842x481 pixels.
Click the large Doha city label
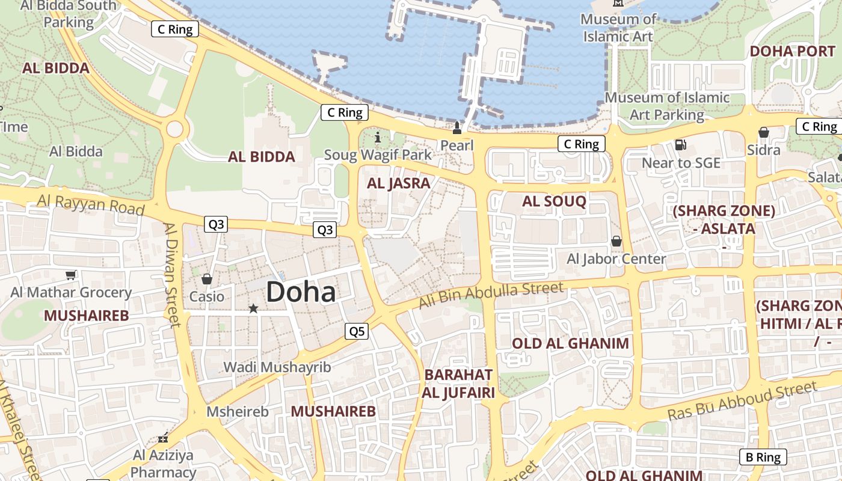click(301, 292)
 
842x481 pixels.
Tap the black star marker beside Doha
click(253, 308)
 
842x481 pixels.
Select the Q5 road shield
click(357, 331)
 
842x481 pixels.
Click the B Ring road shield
click(763, 457)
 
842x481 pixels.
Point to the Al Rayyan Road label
click(90, 204)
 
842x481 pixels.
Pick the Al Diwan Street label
click(171, 275)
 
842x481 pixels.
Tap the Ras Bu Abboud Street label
click(743, 401)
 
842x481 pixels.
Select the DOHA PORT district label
click(792, 51)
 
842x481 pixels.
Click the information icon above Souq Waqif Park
click(378, 138)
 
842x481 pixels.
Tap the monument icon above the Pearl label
click(457, 127)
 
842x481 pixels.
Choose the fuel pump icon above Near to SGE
click(681, 144)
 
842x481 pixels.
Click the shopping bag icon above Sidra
click(763, 132)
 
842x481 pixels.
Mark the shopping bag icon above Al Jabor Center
click(616, 242)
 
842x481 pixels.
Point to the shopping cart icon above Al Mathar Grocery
click(71, 275)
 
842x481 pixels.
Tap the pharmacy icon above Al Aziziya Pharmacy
click(162, 438)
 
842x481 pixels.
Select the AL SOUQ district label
click(554, 201)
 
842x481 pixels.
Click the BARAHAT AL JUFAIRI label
click(459, 384)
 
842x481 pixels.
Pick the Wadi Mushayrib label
click(277, 367)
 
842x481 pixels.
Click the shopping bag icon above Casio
click(207, 279)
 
